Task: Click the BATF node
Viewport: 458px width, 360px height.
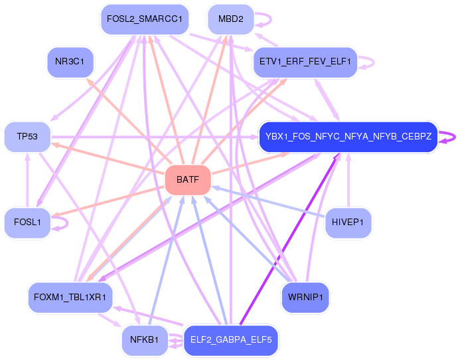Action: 187,179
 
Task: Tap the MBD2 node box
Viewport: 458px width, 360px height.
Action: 230,19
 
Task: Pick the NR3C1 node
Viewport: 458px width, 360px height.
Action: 70,62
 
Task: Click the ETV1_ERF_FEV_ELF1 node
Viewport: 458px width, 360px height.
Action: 305,63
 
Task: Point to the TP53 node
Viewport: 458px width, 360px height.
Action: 27,137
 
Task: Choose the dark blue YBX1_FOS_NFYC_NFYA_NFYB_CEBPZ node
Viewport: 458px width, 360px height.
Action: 348,137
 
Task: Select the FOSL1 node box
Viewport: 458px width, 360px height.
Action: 27,223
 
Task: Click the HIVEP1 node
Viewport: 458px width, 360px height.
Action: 348,223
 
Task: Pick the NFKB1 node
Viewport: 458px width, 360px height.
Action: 144,340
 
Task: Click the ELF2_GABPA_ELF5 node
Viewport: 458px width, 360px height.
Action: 230,340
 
